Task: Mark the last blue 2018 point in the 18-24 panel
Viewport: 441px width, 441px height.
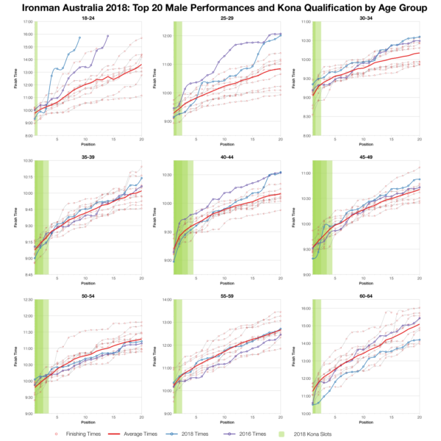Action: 79,37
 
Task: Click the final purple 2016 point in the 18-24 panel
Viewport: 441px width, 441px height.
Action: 107,35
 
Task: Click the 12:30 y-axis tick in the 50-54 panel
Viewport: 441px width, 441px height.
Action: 28,300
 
